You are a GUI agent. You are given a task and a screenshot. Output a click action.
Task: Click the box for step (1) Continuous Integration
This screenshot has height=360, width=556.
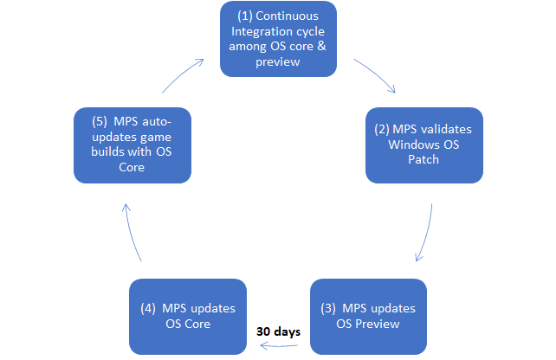pos(277,39)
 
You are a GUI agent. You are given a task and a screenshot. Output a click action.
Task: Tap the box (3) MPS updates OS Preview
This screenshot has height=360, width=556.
pos(367,317)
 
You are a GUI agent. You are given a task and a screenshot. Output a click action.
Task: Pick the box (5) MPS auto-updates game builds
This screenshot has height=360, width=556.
pos(132,145)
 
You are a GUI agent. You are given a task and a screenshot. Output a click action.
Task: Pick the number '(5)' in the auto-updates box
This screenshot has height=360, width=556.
pos(91,123)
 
